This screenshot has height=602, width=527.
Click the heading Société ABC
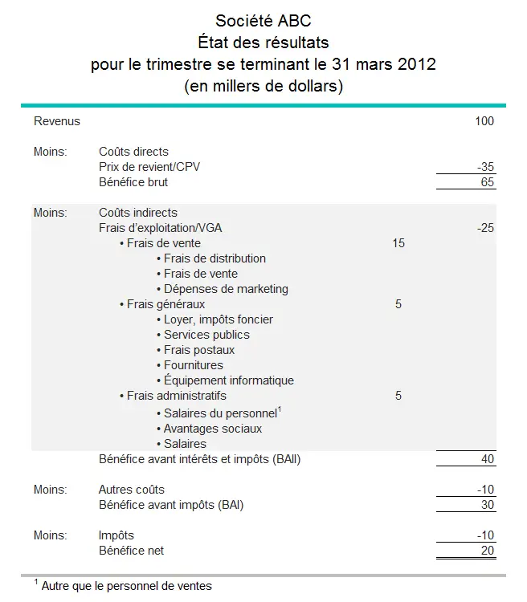pos(263,21)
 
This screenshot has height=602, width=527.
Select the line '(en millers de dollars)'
pos(263,86)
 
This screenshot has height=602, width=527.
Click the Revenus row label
pos(57,121)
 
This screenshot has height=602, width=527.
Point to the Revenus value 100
pos(484,121)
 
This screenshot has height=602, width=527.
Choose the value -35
pos(484,167)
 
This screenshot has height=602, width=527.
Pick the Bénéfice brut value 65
pos(487,182)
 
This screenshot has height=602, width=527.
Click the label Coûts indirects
pos(138,213)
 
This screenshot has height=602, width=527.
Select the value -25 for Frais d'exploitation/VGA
pos(484,228)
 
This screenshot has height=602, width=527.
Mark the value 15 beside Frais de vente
pos(398,243)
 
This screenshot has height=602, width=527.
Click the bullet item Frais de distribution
pos(214,258)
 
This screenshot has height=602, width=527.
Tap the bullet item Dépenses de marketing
pos(226,289)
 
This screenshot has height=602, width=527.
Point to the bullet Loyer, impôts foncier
pos(219,319)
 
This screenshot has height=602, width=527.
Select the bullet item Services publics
pos(206,335)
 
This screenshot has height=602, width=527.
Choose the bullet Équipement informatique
pos(229,380)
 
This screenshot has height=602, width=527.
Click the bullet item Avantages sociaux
pos(213,429)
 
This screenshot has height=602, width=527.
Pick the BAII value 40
pos(487,460)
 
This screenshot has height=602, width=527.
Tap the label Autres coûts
pos(132,490)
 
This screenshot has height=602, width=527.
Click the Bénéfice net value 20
pos(487,551)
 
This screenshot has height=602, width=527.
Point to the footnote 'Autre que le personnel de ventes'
pos(126,586)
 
